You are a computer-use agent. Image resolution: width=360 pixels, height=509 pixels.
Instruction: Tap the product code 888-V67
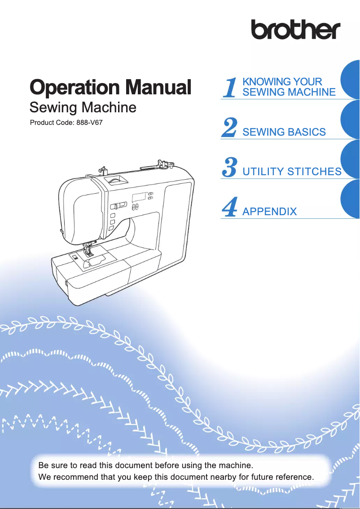click(x=90, y=123)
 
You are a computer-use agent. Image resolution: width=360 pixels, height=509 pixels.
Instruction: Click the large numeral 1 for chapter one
click(x=230, y=87)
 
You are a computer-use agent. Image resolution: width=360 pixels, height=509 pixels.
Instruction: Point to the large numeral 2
click(x=230, y=128)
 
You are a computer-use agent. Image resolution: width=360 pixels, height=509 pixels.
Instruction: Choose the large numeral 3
click(x=230, y=167)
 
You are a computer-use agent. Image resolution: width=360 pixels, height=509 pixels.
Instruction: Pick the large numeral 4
click(x=230, y=207)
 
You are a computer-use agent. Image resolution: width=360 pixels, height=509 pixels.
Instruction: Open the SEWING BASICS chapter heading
click(x=284, y=132)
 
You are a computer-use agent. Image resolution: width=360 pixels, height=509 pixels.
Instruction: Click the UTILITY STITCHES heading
click(x=292, y=172)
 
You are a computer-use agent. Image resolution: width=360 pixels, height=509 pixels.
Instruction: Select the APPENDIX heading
click(x=269, y=212)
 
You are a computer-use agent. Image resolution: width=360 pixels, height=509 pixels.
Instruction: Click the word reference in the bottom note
click(x=293, y=477)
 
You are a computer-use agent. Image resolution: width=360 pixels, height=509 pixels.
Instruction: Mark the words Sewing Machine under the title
click(x=83, y=108)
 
